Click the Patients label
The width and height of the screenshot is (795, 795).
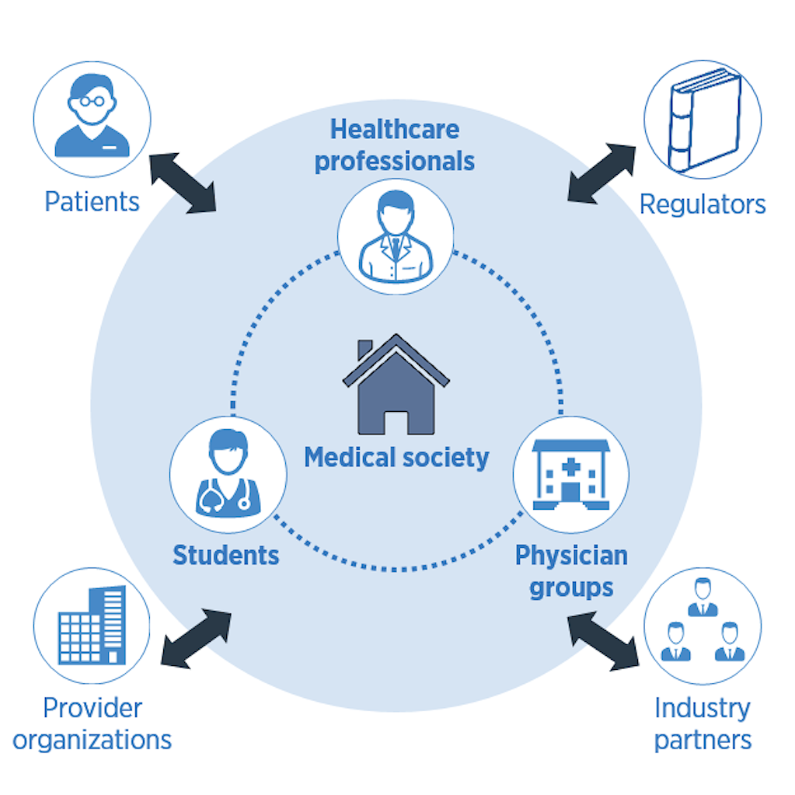point(92,202)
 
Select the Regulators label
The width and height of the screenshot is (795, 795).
point(703,204)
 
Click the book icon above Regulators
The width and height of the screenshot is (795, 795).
point(703,120)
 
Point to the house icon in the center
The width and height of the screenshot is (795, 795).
point(396,384)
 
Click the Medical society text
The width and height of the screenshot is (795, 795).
point(396,457)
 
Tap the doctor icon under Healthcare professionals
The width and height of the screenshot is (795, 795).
point(396,236)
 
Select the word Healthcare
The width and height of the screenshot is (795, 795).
point(395,129)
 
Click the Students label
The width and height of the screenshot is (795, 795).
point(226,555)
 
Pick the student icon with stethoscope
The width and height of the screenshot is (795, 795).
point(227,474)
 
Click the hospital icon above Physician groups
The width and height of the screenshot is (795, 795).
point(571,474)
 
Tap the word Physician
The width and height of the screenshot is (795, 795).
point(571,555)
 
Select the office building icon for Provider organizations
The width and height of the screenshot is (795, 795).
point(92,626)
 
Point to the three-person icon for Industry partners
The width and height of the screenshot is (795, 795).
point(703,626)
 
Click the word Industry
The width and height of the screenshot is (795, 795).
point(703,708)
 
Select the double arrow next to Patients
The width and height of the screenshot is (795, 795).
point(183,183)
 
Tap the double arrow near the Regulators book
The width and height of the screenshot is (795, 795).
point(601,173)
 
